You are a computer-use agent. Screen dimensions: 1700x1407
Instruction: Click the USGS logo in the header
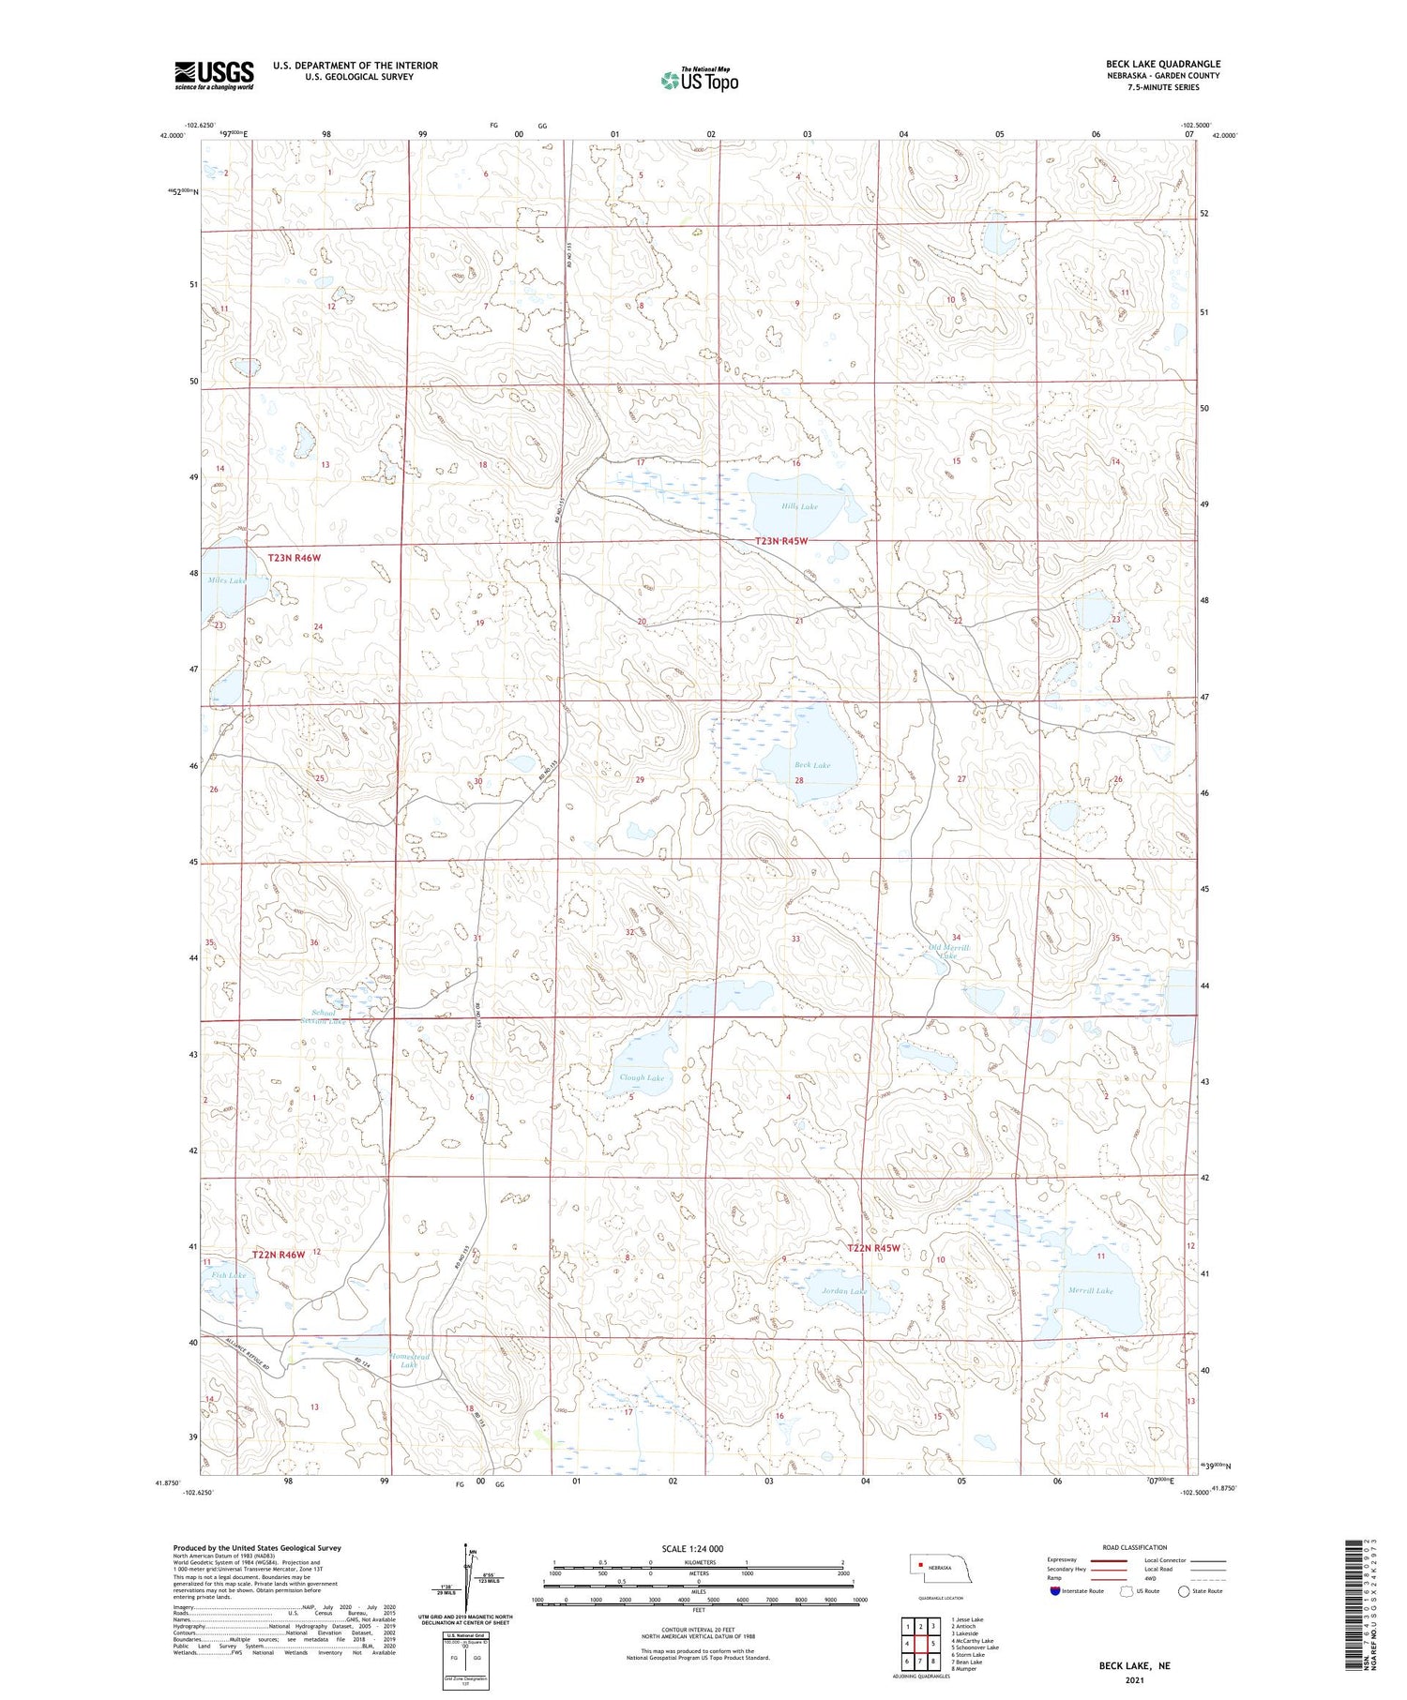click(214, 75)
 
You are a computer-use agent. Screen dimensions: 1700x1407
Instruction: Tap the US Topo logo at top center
click(699, 80)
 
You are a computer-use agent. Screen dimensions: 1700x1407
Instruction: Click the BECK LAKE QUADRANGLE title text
click(1162, 64)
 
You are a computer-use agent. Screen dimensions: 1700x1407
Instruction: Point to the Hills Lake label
click(799, 506)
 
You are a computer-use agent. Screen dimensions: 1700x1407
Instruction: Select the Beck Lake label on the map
click(811, 765)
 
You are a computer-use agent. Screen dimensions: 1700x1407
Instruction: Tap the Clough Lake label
click(642, 1077)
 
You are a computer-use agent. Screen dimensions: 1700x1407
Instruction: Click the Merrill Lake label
click(1090, 1290)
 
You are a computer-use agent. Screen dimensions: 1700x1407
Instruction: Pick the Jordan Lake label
click(844, 1290)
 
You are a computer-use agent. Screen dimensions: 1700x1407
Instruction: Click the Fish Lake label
click(229, 1275)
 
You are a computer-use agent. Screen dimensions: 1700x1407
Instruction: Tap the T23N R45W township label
click(781, 541)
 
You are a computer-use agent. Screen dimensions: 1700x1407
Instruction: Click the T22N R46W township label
click(280, 1254)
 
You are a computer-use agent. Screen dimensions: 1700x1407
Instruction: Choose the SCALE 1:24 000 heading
click(692, 1548)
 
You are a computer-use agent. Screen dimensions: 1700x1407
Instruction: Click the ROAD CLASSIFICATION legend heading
click(1135, 1547)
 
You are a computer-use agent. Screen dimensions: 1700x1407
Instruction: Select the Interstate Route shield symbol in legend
click(1055, 1591)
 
